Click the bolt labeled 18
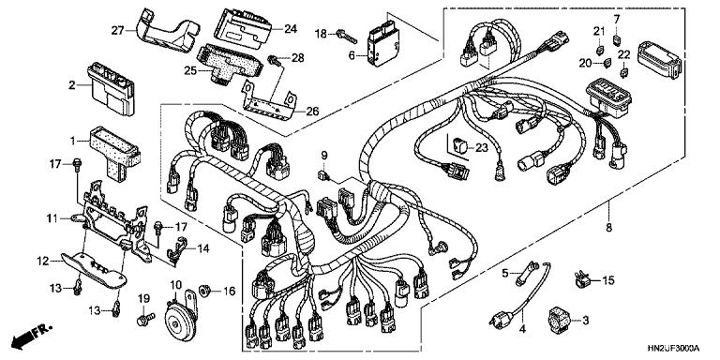click(x=348, y=35)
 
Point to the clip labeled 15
click(x=581, y=277)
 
